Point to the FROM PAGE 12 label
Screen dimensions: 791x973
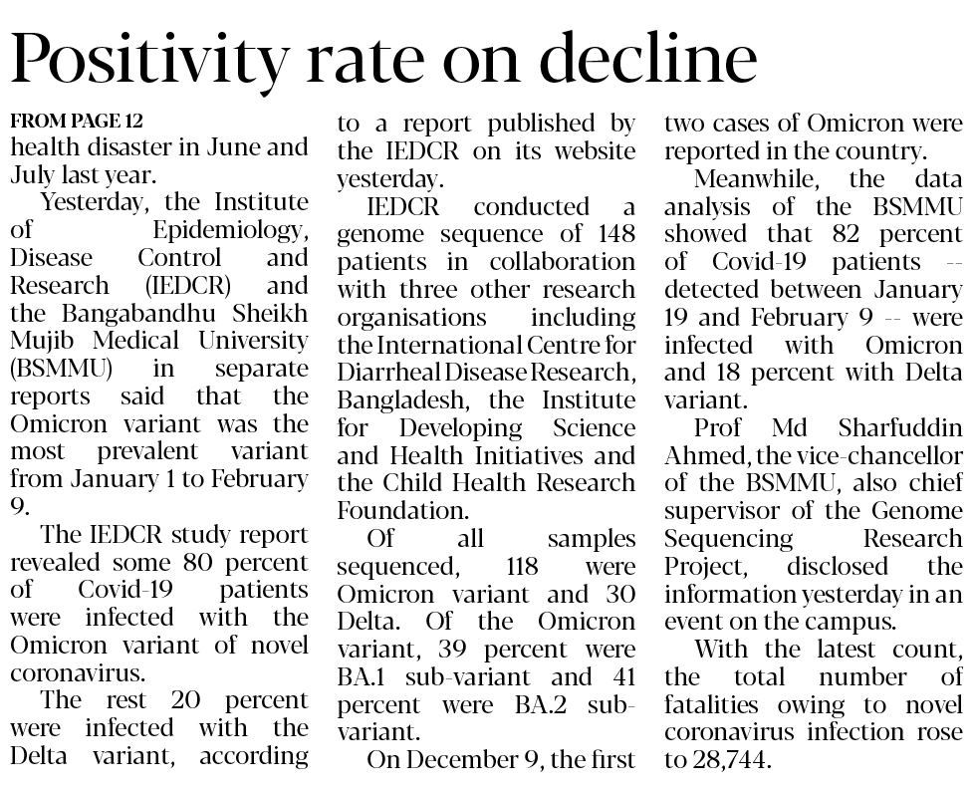[x=77, y=122]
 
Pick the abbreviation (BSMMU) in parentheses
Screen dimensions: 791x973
[x=61, y=369]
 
